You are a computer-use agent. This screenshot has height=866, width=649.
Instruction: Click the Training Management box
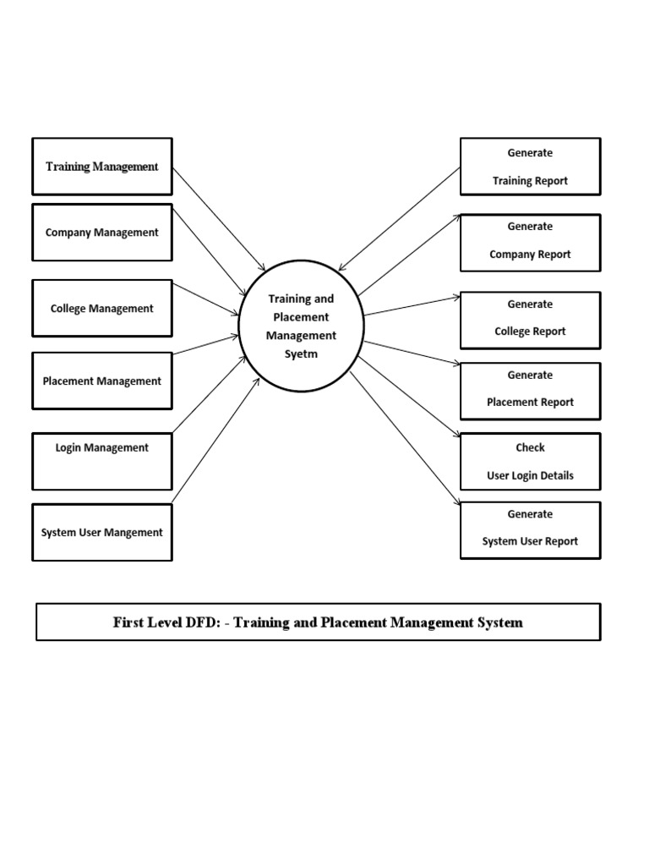(x=101, y=167)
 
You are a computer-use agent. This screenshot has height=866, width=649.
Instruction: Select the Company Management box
(x=101, y=233)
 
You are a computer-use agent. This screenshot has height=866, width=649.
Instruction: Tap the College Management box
(x=101, y=309)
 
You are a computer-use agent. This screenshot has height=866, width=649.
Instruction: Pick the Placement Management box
(x=101, y=381)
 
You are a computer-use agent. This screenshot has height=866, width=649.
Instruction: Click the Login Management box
(x=101, y=461)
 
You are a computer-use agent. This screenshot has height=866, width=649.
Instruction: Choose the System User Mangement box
(x=101, y=533)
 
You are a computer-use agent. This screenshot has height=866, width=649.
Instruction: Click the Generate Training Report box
(x=530, y=167)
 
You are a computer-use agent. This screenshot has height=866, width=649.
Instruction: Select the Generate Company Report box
(x=530, y=242)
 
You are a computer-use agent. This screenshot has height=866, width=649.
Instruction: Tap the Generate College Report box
(x=530, y=320)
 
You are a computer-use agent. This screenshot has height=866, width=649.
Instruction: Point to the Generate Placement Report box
(x=530, y=391)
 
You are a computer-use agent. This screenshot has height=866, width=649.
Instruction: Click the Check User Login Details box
(x=530, y=462)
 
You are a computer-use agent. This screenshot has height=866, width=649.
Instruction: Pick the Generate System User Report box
(x=530, y=530)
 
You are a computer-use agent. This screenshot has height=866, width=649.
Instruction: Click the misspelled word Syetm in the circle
(x=301, y=354)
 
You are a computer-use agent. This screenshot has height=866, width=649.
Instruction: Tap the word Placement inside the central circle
(x=302, y=317)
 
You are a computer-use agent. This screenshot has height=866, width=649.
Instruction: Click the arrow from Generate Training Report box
(x=400, y=218)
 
